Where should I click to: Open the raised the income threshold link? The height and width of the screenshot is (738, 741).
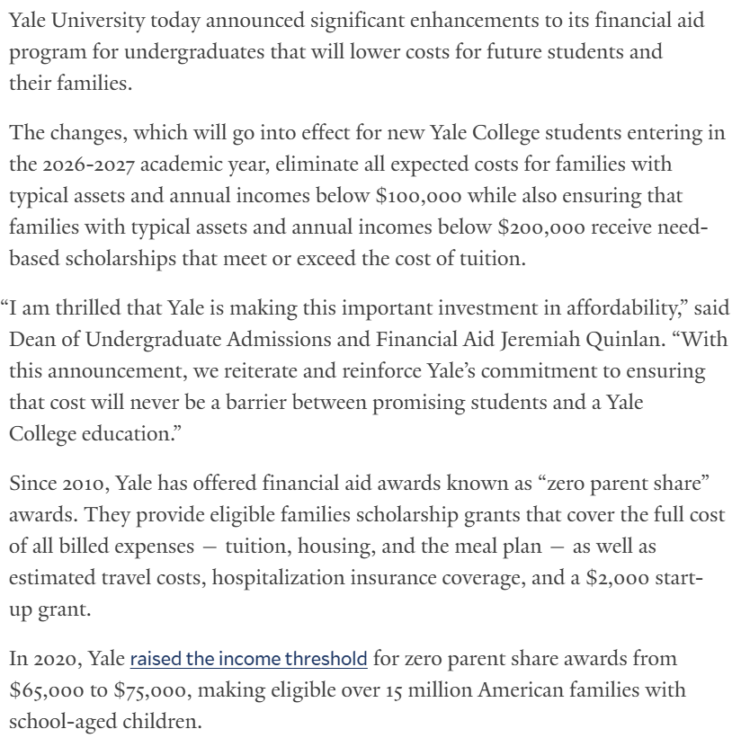pyautogui.click(x=248, y=660)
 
